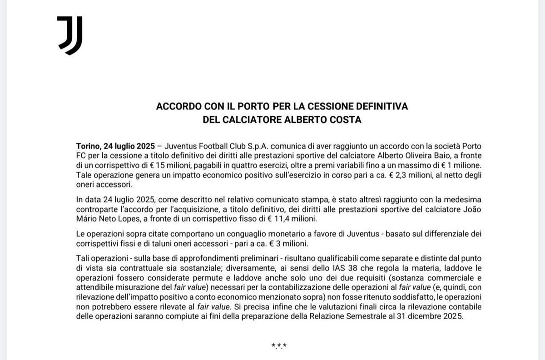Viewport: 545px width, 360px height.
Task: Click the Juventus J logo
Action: pos(69,35)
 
